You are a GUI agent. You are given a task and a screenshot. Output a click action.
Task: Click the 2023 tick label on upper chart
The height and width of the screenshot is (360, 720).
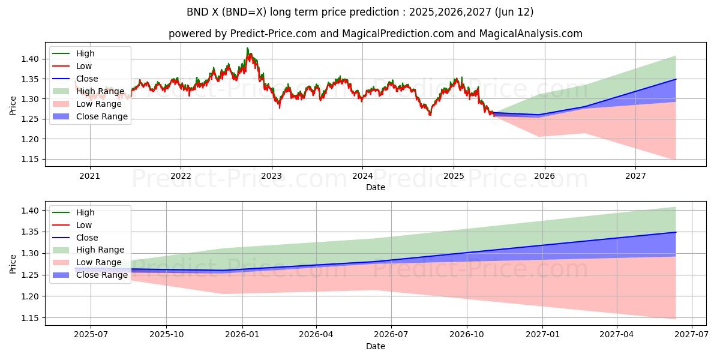click(271, 176)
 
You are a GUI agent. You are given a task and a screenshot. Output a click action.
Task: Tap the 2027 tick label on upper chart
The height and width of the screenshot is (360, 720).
click(635, 176)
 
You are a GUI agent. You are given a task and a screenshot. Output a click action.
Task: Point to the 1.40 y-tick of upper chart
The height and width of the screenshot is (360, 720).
click(31, 59)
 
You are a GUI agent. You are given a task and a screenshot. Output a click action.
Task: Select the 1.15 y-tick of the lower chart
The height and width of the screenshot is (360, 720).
click(31, 318)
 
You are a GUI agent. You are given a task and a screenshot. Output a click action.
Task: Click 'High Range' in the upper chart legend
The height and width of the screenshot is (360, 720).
click(100, 91)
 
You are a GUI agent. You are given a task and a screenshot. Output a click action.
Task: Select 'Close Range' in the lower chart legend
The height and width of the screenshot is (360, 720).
click(102, 275)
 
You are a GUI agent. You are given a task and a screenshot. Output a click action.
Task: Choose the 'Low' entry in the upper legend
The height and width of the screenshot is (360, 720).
click(85, 66)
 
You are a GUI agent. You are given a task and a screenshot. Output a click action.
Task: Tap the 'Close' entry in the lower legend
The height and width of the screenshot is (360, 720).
click(88, 238)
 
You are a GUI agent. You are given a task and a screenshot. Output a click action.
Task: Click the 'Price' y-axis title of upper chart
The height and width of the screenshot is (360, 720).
click(13, 105)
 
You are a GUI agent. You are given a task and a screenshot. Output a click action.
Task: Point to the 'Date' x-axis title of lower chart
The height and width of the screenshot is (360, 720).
click(376, 346)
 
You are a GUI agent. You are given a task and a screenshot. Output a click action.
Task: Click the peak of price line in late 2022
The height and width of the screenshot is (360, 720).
click(247, 49)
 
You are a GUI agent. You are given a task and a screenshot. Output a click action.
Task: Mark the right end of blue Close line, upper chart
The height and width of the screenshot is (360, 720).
click(676, 79)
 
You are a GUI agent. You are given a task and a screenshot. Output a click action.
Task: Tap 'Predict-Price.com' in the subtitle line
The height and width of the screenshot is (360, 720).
click(273, 34)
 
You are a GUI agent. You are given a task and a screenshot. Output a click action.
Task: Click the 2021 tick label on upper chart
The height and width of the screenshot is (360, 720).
click(90, 176)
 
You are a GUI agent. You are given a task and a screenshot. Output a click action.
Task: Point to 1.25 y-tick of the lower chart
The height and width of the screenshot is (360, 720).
click(31, 275)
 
